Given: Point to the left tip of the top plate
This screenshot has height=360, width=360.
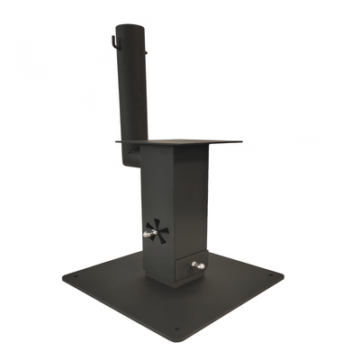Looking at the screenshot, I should click(x=116, y=141).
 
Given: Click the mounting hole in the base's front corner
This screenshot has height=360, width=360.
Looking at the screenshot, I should click(x=176, y=328).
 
